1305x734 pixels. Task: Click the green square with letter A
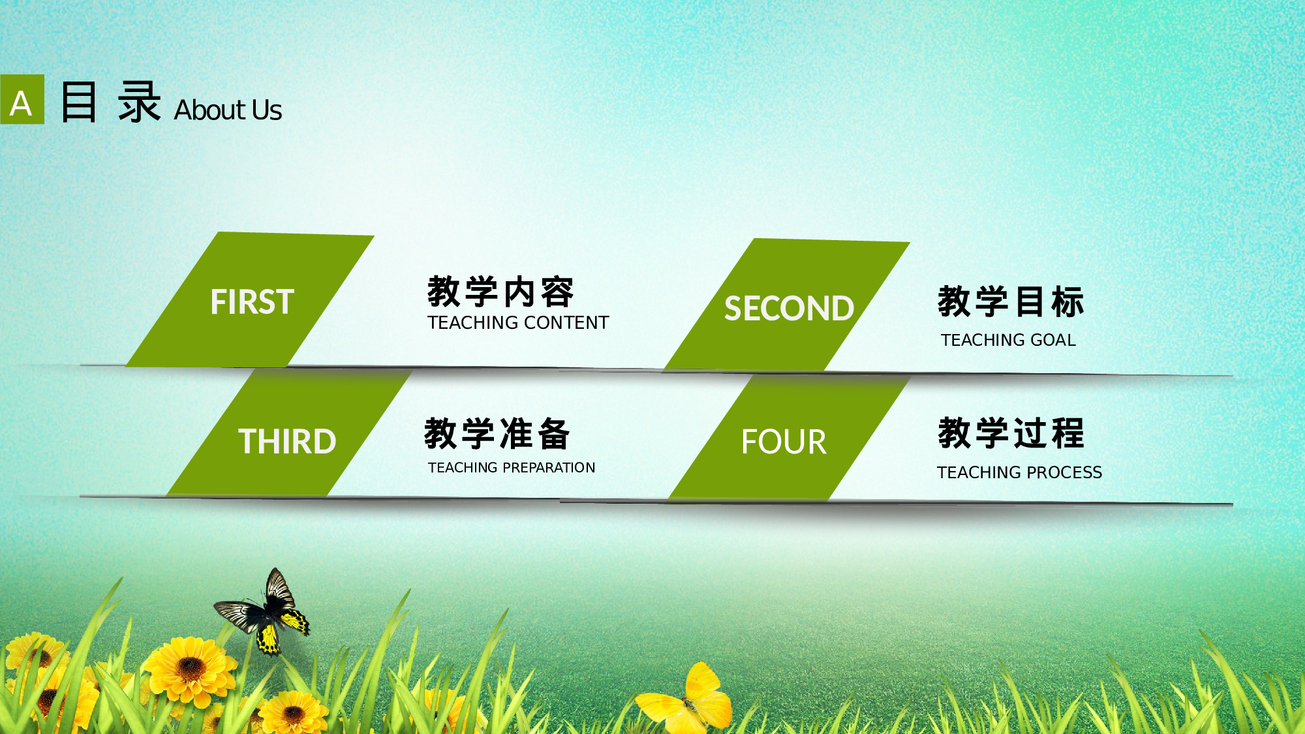tap(22, 100)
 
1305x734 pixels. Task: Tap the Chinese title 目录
tap(110, 102)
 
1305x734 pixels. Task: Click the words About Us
tap(228, 110)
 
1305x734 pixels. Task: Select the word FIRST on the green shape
tap(252, 302)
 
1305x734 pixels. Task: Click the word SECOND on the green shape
tap(789, 309)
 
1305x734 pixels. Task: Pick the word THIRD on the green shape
tap(287, 442)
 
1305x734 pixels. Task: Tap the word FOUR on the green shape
tap(784, 442)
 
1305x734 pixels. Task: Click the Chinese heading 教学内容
tap(500, 292)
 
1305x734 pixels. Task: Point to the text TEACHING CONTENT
tap(518, 322)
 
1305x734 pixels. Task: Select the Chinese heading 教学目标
tap(1011, 301)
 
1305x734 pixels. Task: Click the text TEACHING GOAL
tap(1008, 340)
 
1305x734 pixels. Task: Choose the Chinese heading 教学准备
tap(497, 434)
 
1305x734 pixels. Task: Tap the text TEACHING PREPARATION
tap(512, 467)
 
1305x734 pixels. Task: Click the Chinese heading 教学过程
tap(1011, 433)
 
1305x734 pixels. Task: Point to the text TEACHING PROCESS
tap(1019, 472)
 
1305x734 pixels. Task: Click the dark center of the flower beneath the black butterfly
tap(191, 667)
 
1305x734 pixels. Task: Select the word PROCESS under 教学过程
tap(1064, 472)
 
